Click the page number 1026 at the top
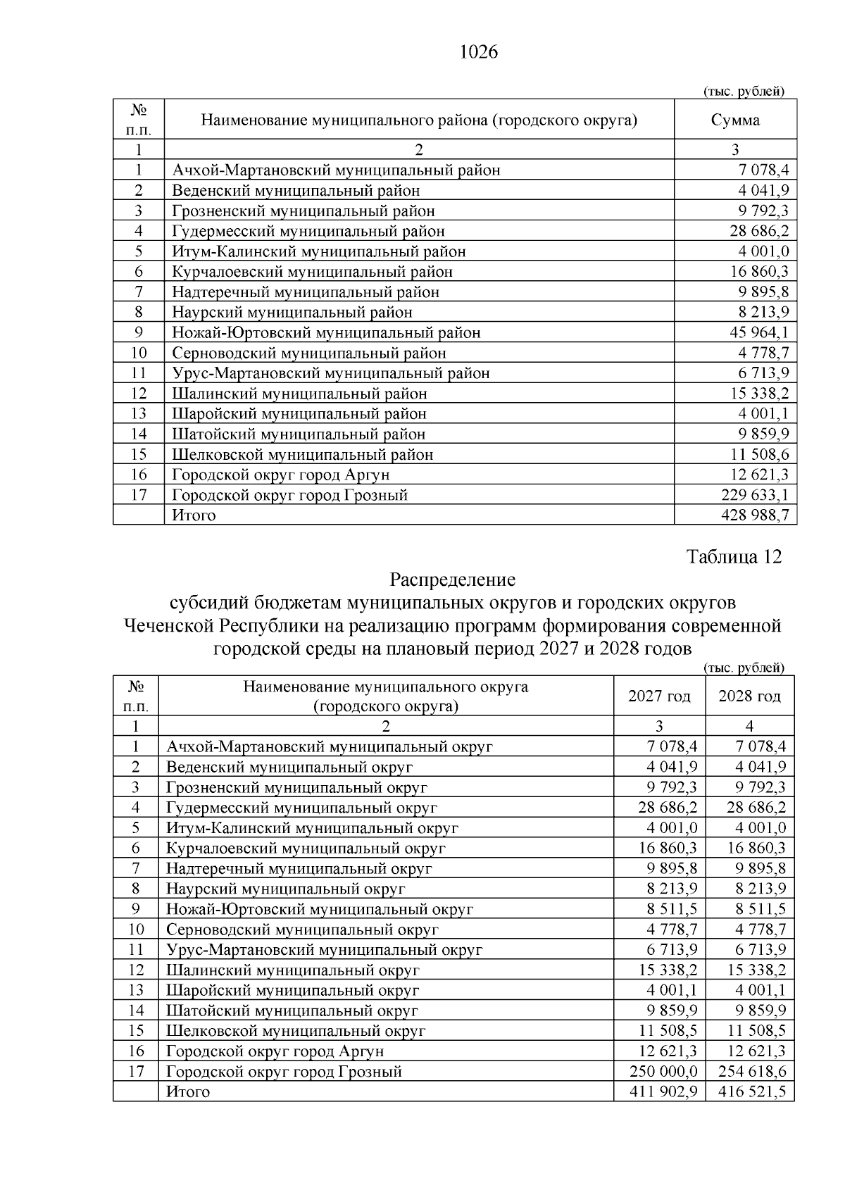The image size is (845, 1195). [478, 52]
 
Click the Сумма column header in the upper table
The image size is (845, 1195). [735, 120]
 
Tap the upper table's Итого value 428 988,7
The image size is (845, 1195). [755, 515]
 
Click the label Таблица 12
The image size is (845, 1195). [734, 556]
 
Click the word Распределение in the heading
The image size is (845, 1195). [452, 580]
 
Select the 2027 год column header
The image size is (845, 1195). [659, 696]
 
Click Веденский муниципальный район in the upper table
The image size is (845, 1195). [296, 190]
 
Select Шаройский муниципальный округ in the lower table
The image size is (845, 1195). [292, 990]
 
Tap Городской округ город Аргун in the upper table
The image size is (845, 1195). [280, 475]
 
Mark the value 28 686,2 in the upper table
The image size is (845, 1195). [759, 231]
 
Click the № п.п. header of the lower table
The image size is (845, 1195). [135, 696]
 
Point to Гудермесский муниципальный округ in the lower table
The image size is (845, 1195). [301, 808]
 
